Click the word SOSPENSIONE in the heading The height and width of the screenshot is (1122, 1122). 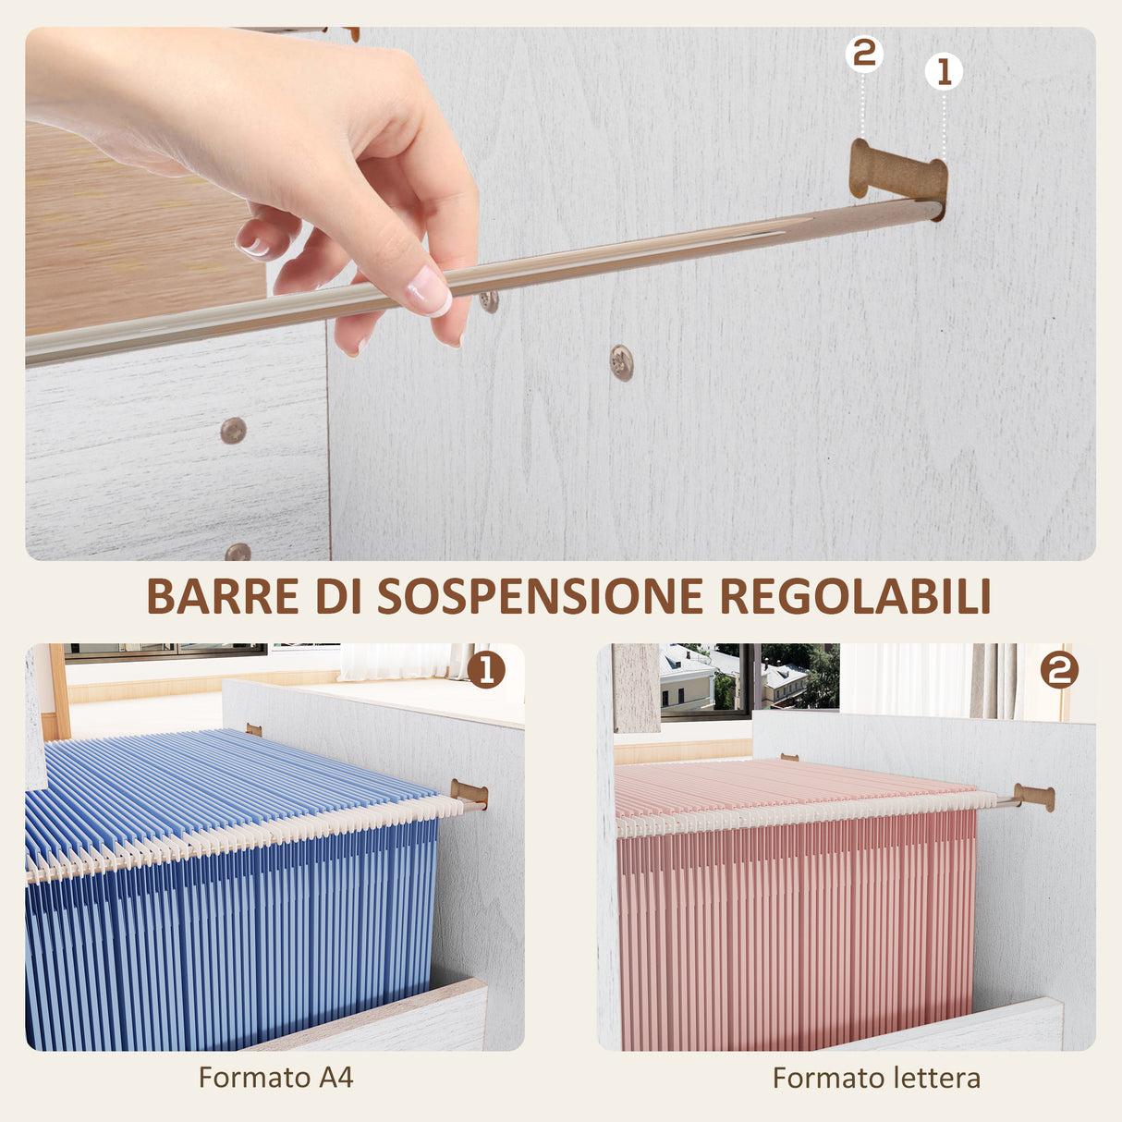[541, 597]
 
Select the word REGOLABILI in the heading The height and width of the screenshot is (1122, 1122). [855, 597]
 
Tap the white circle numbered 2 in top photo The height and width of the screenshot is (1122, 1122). [864, 54]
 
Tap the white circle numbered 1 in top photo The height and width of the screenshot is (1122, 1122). [944, 71]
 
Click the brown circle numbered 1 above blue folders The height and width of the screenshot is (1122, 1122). [486, 669]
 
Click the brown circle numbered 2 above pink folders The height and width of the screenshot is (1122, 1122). [1059, 669]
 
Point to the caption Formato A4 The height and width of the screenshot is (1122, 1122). [275, 1078]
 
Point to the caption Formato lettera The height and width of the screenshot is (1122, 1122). [876, 1078]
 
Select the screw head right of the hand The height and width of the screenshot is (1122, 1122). [622, 362]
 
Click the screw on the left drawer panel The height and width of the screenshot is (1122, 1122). [233, 430]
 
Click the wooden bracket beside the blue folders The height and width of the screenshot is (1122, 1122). [470, 794]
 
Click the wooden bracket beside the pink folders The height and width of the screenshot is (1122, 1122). [1034, 797]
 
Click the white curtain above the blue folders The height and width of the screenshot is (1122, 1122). [397, 662]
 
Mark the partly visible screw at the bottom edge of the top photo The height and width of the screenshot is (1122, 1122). [238, 553]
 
